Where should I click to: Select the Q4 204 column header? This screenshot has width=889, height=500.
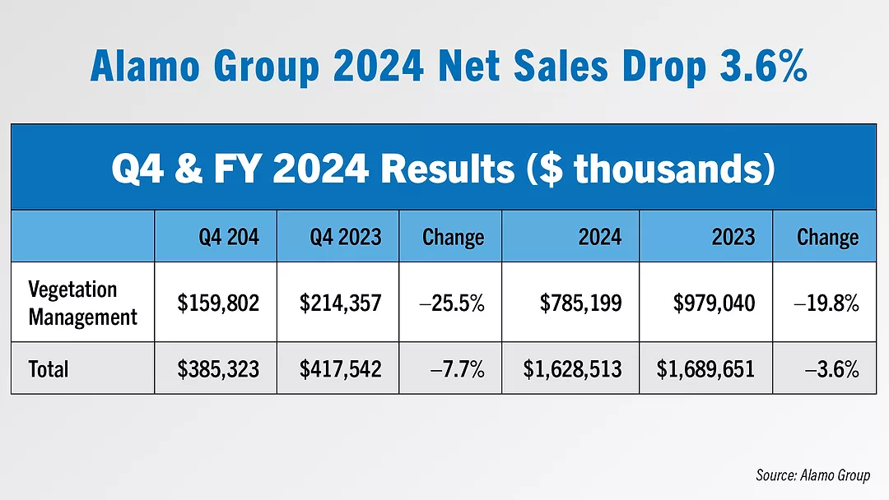coord(228,238)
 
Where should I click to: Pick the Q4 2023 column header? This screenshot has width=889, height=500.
coord(345,238)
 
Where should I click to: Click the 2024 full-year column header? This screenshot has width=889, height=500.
coord(599,238)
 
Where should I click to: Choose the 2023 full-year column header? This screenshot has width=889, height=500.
coord(732,238)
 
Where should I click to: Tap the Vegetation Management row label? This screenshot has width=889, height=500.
coord(82,303)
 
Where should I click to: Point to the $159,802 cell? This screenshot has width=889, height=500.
coord(218,303)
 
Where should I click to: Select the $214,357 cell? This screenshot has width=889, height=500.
coord(340,303)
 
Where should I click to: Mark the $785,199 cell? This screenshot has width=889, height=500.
coord(580,303)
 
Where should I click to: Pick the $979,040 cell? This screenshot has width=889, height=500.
coord(714,303)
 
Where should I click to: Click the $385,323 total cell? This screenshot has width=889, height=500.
coord(218,369)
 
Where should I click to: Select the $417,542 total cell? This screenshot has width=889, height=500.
coord(340,369)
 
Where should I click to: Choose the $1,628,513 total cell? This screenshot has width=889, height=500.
coord(573,369)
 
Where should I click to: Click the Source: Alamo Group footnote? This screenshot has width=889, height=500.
coord(812,475)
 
